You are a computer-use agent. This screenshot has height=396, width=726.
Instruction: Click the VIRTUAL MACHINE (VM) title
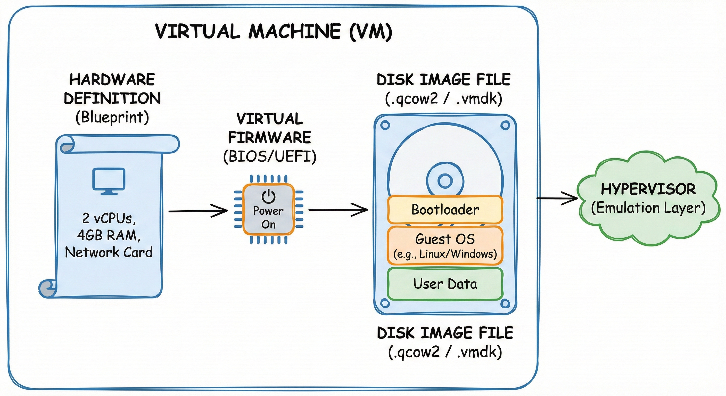tap(273, 31)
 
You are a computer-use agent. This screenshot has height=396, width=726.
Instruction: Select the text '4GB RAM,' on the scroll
tap(109, 235)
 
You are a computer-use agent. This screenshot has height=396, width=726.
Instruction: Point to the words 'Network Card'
tap(109, 252)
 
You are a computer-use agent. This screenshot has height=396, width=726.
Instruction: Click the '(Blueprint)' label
tap(112, 117)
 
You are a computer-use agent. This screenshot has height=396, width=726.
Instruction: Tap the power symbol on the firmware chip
tap(268, 196)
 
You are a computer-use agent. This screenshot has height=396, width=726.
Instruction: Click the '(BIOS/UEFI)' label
tap(270, 156)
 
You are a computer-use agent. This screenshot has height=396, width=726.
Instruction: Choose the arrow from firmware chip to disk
tap(338, 210)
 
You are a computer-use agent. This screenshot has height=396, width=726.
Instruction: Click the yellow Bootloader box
tap(445, 210)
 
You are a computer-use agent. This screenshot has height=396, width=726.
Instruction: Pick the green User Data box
tap(445, 284)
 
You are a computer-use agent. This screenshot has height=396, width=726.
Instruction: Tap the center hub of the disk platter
tap(445, 180)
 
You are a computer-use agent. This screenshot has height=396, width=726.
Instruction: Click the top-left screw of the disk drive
tap(385, 125)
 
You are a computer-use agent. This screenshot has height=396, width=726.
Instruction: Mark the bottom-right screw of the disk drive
tap(505, 303)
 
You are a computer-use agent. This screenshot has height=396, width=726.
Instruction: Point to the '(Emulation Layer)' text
tap(648, 208)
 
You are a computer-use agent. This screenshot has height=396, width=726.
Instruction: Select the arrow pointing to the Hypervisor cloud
tap(557, 199)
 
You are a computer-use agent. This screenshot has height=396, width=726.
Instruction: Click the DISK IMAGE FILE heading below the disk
tap(445, 333)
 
